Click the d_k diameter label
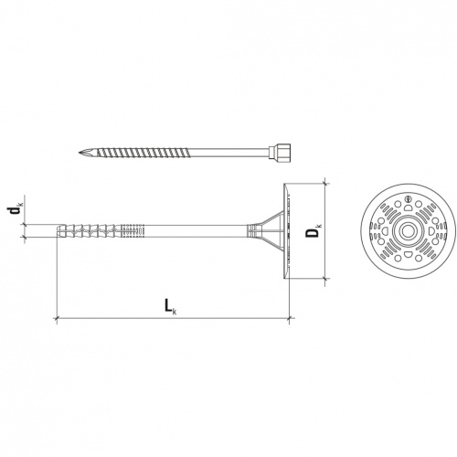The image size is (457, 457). [15, 210]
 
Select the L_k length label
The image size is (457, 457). [171, 305]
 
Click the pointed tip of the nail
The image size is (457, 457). [80, 152]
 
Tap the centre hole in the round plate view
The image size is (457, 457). [408, 231]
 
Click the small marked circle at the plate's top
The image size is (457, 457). [409, 199]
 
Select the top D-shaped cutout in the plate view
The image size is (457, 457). [409, 207]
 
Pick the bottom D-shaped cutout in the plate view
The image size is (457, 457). [408, 254]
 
